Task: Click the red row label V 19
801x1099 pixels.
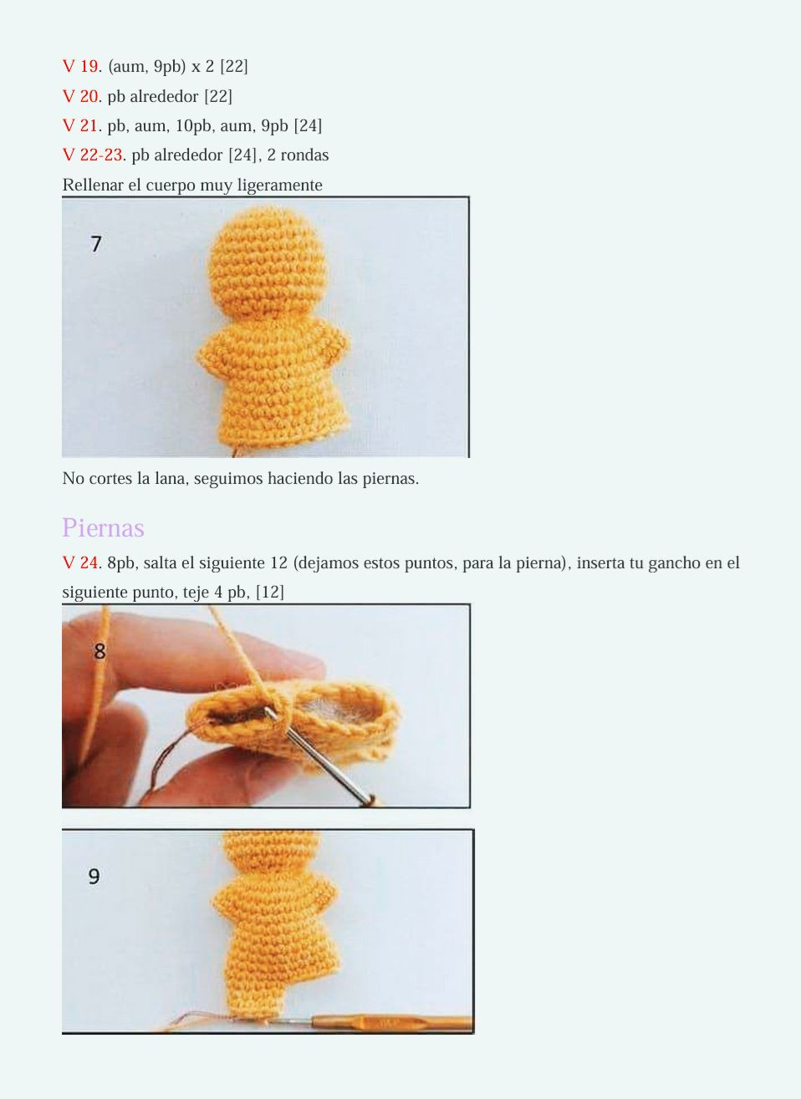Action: point(81,66)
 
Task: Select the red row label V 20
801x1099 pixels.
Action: point(81,96)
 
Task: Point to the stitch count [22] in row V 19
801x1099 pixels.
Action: point(234,66)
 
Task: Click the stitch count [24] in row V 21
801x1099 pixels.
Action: point(308,125)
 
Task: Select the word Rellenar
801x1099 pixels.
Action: point(93,185)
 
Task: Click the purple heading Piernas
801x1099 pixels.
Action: point(103,527)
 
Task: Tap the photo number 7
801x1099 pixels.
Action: point(96,243)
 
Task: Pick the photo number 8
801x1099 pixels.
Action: point(99,650)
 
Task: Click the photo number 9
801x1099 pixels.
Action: point(94,876)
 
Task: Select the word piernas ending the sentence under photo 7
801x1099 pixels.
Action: point(389,479)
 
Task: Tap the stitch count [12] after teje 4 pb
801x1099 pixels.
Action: point(270,592)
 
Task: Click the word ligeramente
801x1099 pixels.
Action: point(279,185)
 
